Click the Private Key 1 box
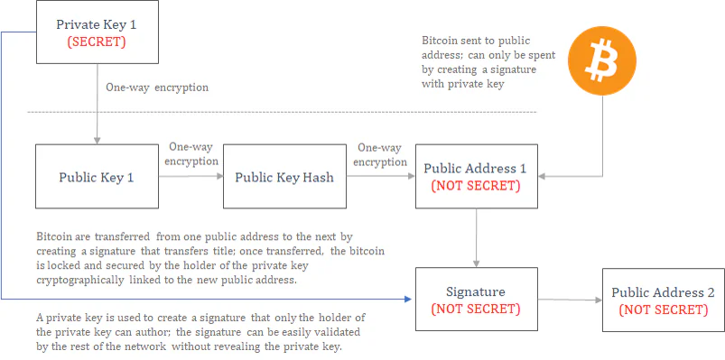(98, 32)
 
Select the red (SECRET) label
(97, 42)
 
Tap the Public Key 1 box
(98, 176)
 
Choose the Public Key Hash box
(284, 176)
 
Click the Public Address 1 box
(476, 176)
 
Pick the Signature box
(476, 299)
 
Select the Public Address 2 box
(663, 299)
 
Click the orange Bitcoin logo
(602, 61)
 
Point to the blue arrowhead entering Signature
(407, 299)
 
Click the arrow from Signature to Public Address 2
(570, 300)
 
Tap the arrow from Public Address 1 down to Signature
(476, 237)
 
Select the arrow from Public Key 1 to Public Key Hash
(191, 176)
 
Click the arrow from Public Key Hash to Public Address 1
(380, 176)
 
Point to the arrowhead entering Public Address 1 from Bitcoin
(542, 176)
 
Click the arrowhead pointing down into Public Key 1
(98, 141)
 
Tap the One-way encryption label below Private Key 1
(157, 88)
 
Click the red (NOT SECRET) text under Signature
(476, 309)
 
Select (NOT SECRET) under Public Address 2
(663, 309)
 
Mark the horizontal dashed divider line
(282, 112)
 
